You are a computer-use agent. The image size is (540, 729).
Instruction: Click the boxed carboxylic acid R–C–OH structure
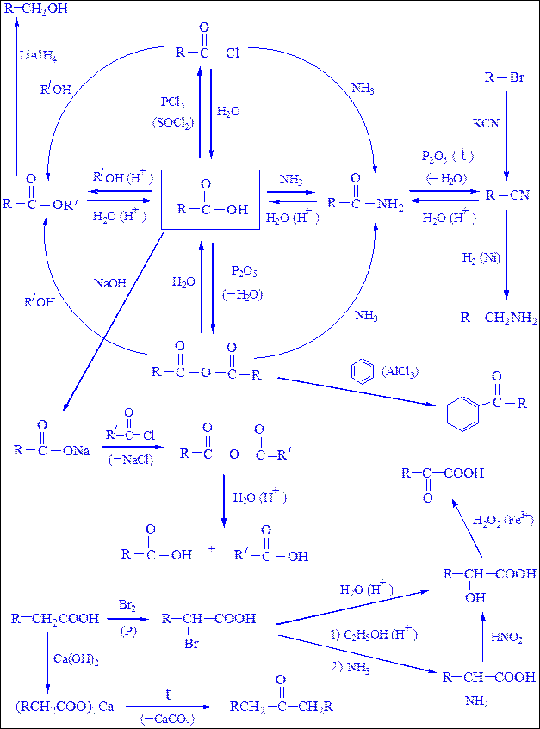point(210,200)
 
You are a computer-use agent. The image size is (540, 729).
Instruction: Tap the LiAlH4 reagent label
point(38,56)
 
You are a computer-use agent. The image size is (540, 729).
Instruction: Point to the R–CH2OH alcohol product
point(36,9)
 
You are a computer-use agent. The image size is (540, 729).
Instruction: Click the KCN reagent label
point(486,123)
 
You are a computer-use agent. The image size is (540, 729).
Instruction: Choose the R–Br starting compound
point(505,77)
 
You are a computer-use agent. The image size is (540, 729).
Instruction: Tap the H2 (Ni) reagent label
point(481,258)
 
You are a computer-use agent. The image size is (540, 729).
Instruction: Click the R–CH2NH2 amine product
point(499,318)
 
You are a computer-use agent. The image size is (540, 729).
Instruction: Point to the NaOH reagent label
point(110,283)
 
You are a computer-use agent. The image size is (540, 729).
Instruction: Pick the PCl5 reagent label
point(172,102)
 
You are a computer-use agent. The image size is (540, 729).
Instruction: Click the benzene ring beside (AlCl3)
point(363,371)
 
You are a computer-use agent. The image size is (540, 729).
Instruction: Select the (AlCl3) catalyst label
point(400,372)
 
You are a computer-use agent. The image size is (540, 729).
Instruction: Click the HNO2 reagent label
point(506,638)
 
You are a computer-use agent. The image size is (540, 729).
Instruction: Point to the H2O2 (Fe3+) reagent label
point(504,519)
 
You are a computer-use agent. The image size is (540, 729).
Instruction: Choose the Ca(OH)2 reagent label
point(76,659)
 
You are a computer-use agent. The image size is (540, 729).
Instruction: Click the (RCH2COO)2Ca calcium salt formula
point(65,707)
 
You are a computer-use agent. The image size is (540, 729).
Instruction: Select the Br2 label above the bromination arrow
point(127,605)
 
